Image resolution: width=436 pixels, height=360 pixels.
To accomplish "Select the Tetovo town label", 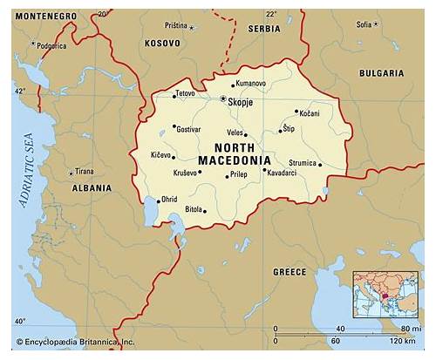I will tap(185, 93).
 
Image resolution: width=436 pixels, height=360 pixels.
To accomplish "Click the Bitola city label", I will tap(194, 210).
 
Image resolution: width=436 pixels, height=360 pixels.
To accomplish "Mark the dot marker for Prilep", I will tap(226, 176).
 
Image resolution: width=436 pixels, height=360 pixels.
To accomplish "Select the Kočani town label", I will tap(309, 114).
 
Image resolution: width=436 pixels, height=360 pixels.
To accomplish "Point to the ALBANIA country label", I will tap(91, 187).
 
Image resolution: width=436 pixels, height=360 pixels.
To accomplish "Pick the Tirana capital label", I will tap(84, 171).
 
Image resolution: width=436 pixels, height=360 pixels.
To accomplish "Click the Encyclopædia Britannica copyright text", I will tap(74, 343).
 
